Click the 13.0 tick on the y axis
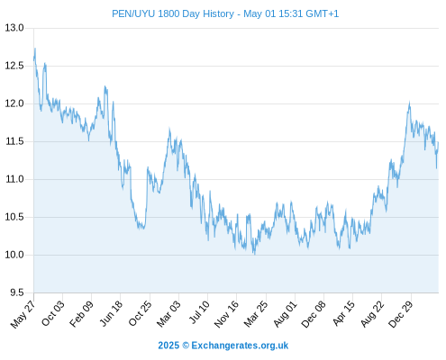point(14,28)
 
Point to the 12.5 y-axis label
point(14,66)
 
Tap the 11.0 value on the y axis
point(14,179)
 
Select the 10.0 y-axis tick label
point(14,255)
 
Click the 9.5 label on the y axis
point(17,292)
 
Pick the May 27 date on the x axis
point(23,314)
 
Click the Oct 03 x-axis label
point(52,313)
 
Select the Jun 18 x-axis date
point(111,313)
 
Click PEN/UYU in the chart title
point(133,13)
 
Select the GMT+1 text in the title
point(322,13)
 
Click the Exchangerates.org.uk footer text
point(240,346)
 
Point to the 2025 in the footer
point(168,346)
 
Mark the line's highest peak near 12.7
point(35,49)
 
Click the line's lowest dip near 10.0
point(255,254)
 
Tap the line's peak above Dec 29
point(409,103)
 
